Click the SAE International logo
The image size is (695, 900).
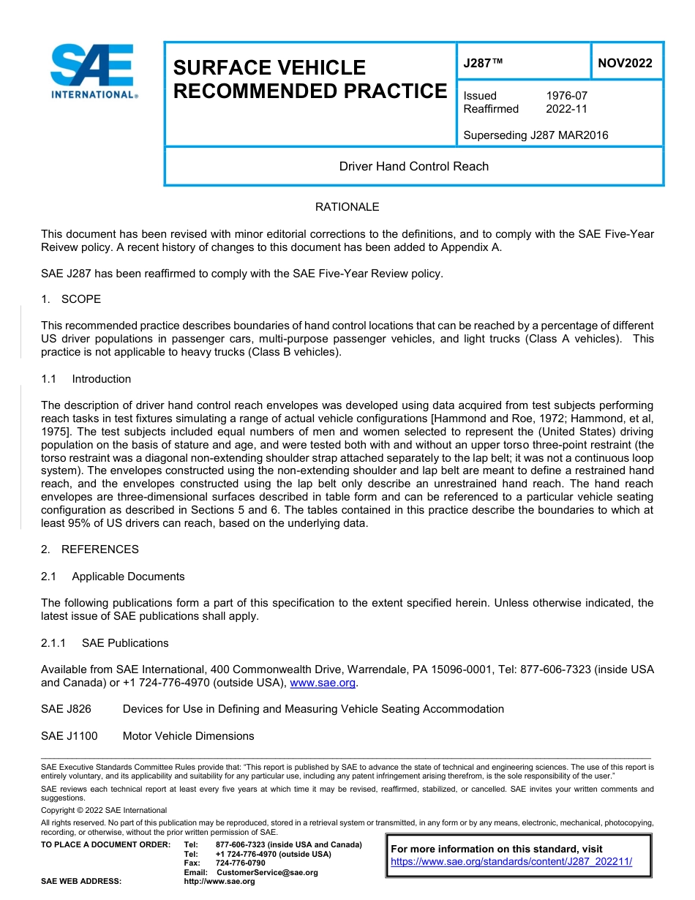pyautogui.click(x=93, y=72)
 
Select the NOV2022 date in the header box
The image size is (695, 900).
pyautogui.click(x=625, y=63)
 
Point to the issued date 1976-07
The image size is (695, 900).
pyautogui.click(x=566, y=96)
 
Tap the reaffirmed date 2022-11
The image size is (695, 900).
pyautogui.click(x=566, y=109)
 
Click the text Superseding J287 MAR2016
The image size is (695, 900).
pyautogui.click(x=536, y=135)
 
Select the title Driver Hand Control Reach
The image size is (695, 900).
pyautogui.click(x=413, y=166)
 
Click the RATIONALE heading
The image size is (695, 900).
pyautogui.click(x=347, y=207)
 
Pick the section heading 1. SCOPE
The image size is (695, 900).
pyautogui.click(x=71, y=299)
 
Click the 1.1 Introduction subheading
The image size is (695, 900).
pyautogui.click(x=86, y=379)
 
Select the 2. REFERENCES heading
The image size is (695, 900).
pyautogui.click(x=89, y=550)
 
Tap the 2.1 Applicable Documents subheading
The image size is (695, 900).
pyautogui.click(x=113, y=577)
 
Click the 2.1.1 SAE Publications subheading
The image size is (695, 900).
pyautogui.click(x=105, y=643)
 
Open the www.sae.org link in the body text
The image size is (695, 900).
pyautogui.click(x=322, y=683)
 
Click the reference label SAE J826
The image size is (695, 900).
pyautogui.click(x=66, y=709)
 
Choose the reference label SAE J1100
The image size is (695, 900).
pyautogui.click(x=69, y=736)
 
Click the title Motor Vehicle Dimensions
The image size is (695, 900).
pyautogui.click(x=188, y=736)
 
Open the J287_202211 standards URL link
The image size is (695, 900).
pyautogui.click(x=511, y=862)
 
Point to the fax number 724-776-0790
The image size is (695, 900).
pyautogui.click(x=240, y=863)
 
